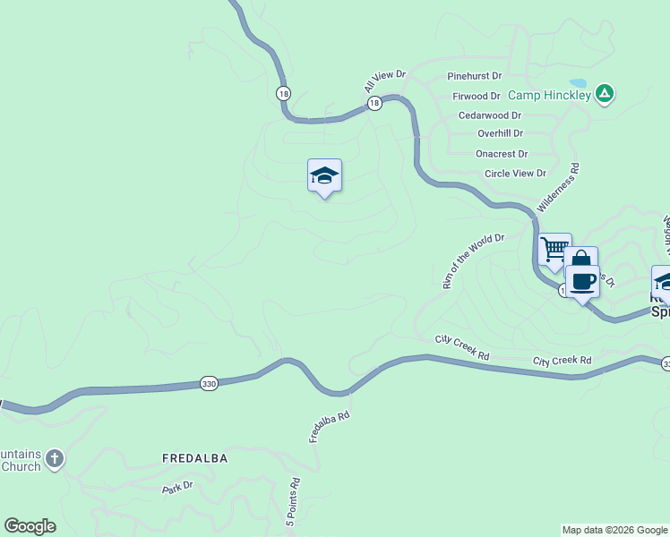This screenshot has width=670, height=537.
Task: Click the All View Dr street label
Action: click(385, 81)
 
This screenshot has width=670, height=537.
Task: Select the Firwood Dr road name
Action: click(476, 96)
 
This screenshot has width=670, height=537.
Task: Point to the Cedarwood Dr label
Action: click(489, 115)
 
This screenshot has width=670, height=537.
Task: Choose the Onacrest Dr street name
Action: click(502, 154)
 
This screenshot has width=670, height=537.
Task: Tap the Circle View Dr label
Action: click(514, 174)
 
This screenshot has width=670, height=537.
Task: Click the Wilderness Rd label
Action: click(558, 187)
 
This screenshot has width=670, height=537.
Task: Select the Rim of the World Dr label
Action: click(474, 261)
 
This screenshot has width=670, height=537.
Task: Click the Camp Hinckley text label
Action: click(549, 94)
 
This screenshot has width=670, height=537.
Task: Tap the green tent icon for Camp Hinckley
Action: click(606, 92)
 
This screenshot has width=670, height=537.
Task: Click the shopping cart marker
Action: click(554, 249)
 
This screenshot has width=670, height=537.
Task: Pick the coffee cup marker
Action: click(582, 281)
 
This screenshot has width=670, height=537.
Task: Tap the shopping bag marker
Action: click(580, 261)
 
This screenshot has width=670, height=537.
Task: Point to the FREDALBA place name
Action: click(194, 458)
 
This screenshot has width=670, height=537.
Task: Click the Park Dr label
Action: click(177, 488)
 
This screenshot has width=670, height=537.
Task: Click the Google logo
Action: click(30, 526)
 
